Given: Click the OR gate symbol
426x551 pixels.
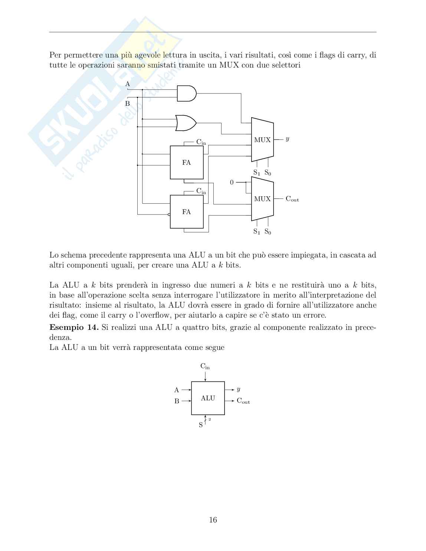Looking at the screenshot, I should [186, 123].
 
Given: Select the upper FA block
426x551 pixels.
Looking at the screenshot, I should [187, 163].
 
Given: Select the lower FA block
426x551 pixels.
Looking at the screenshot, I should [187, 212].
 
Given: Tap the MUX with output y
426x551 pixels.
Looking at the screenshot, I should [262, 140].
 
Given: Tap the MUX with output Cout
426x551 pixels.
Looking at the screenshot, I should [262, 199].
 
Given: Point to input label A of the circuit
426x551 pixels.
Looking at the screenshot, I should [128, 84].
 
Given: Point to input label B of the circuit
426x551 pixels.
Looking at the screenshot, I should [127, 104].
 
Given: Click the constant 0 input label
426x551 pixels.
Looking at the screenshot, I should [232, 183].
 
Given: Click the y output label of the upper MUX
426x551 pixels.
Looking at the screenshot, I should [287, 139].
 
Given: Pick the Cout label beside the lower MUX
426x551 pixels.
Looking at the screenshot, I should [292, 199].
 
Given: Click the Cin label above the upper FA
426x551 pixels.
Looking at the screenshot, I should [201, 142].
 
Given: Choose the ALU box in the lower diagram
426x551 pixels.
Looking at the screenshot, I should [208, 398].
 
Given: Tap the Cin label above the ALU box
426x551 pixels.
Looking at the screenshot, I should [205, 366].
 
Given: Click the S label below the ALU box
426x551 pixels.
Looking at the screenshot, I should [201, 425].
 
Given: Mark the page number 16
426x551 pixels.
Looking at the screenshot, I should [213, 520].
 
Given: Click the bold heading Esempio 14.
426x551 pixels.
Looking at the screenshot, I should [73, 328].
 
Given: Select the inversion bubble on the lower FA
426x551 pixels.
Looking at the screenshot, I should [169, 214].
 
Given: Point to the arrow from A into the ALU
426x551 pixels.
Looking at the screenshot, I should [186, 390].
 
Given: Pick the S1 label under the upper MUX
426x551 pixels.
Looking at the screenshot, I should [256, 173].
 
